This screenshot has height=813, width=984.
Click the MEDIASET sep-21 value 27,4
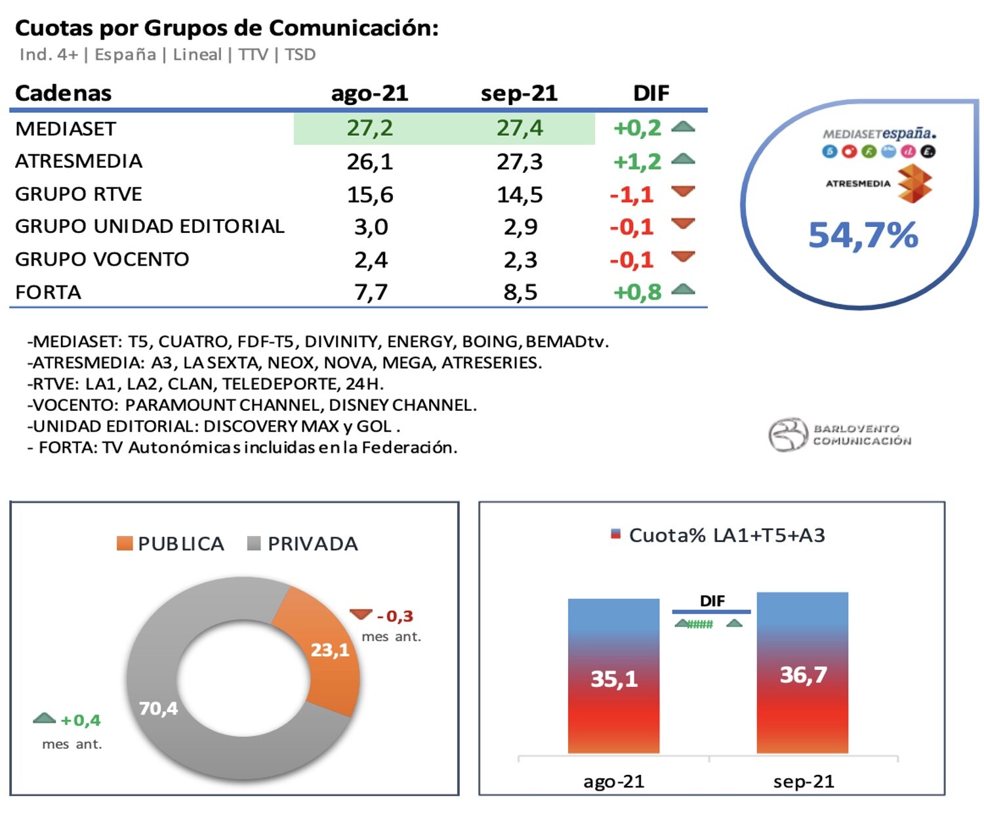tap(520, 128)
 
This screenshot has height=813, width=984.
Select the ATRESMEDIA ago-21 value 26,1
tap(370, 161)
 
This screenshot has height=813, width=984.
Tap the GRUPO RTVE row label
tap(79, 194)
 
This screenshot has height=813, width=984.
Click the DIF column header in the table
tap(651, 93)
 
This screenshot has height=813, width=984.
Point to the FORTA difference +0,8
tap(637, 292)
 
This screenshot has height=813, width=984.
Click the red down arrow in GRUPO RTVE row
tap(683, 192)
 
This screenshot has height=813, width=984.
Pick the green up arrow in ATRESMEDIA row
tap(683, 159)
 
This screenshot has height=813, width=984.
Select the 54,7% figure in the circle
tap(863, 235)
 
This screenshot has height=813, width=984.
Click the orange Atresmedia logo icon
tap(914, 183)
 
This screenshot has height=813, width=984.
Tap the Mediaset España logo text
tap(879, 134)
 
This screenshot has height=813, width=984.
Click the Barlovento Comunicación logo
tap(840, 435)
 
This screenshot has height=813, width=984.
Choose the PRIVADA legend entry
tap(303, 544)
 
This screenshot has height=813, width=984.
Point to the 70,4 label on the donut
tap(158, 708)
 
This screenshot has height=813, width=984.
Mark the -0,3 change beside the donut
tap(395, 616)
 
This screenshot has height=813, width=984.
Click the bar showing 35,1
tap(613, 676)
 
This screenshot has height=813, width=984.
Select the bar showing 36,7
tap(802, 673)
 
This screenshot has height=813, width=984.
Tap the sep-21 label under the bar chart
tap(803, 782)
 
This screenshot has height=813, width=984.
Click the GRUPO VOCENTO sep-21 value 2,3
tap(520, 260)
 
